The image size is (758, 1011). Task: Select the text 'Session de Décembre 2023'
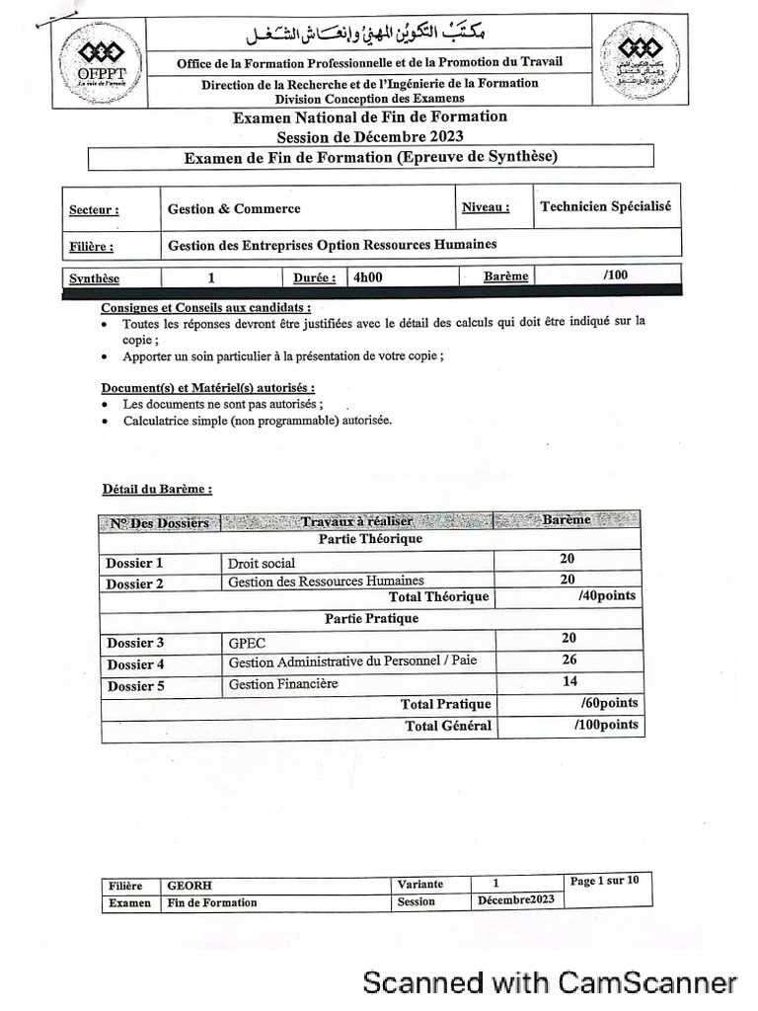(x=369, y=135)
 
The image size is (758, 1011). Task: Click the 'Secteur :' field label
(x=94, y=210)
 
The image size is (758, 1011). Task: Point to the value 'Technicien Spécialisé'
(x=605, y=206)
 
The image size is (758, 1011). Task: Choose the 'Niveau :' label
(x=486, y=207)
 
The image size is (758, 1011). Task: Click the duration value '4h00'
(x=367, y=277)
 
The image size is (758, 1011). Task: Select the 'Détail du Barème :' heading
(x=157, y=489)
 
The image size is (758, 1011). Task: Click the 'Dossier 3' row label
(x=136, y=643)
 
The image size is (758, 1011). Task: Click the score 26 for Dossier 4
(x=568, y=660)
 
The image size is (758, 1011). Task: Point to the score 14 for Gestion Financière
(x=569, y=681)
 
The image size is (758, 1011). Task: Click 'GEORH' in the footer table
(x=189, y=886)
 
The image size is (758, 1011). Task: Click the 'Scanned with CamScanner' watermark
(x=550, y=982)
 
